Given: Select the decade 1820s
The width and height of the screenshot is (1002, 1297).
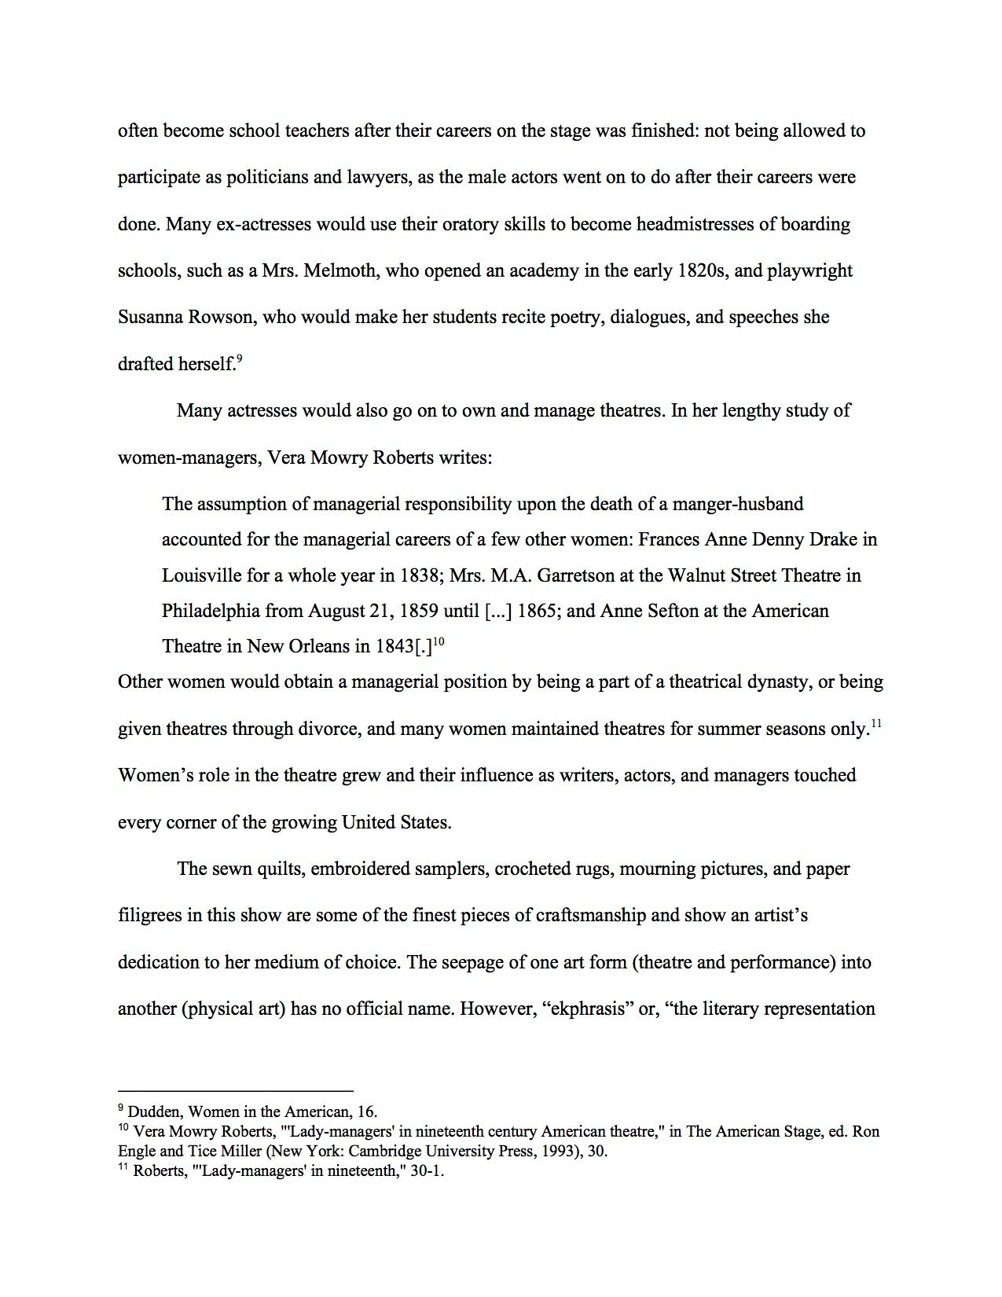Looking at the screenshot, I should pos(705,270).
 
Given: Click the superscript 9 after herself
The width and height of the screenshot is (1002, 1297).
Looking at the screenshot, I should pos(239,358).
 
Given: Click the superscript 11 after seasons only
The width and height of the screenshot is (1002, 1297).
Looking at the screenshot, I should pos(876,724).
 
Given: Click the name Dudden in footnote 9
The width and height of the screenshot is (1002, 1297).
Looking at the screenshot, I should pos(154,1111).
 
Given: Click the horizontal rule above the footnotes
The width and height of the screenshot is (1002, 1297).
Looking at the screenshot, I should pos(235,1090).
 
